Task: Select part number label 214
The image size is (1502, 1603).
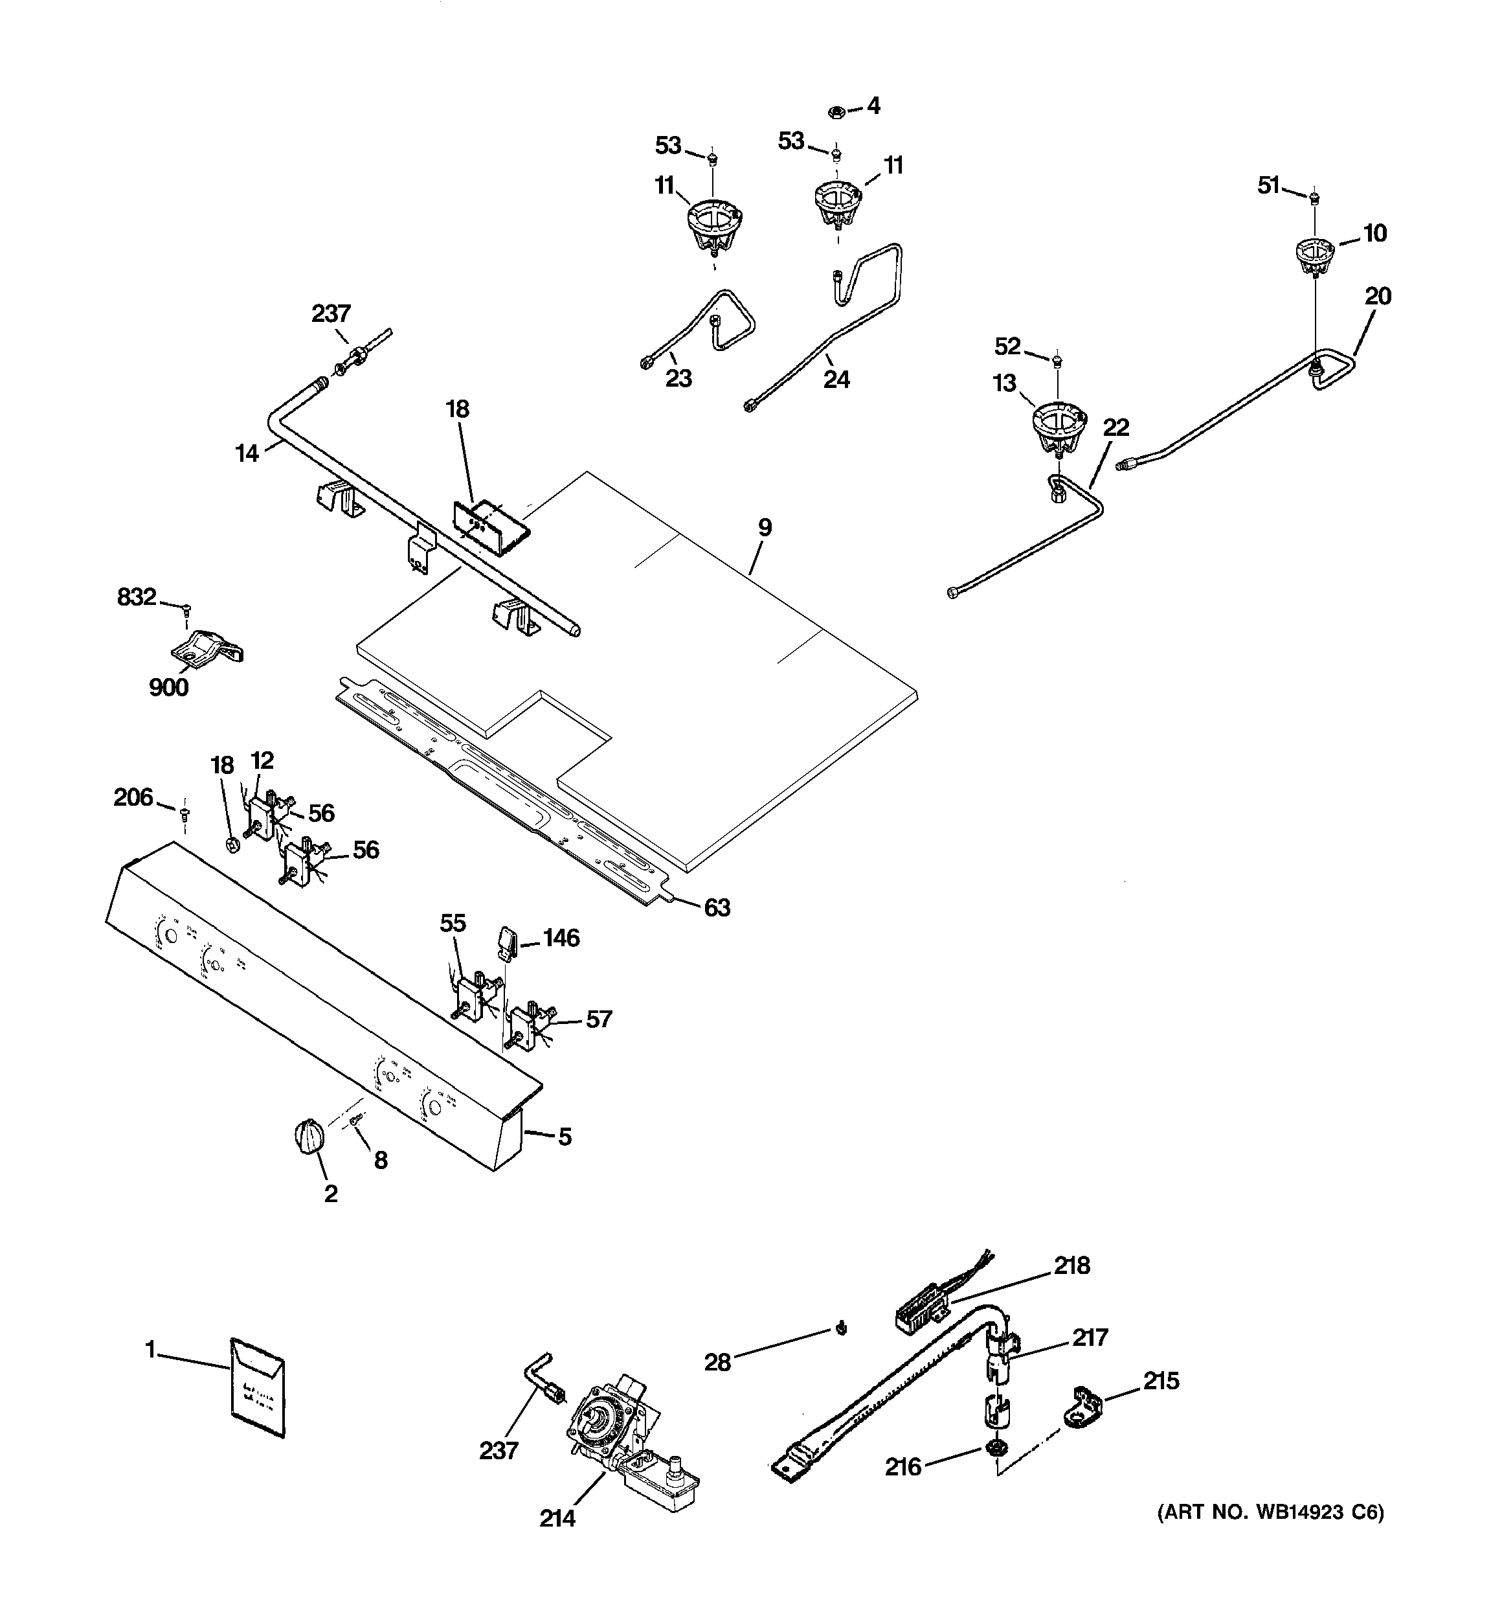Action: (557, 1518)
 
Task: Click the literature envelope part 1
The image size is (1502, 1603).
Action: (257, 1388)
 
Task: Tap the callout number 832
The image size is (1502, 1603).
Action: (136, 597)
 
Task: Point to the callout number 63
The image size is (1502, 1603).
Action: (717, 907)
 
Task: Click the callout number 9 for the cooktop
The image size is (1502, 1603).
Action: (765, 528)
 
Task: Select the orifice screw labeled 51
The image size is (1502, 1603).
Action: (1315, 197)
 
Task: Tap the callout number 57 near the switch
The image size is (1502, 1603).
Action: (598, 1019)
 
